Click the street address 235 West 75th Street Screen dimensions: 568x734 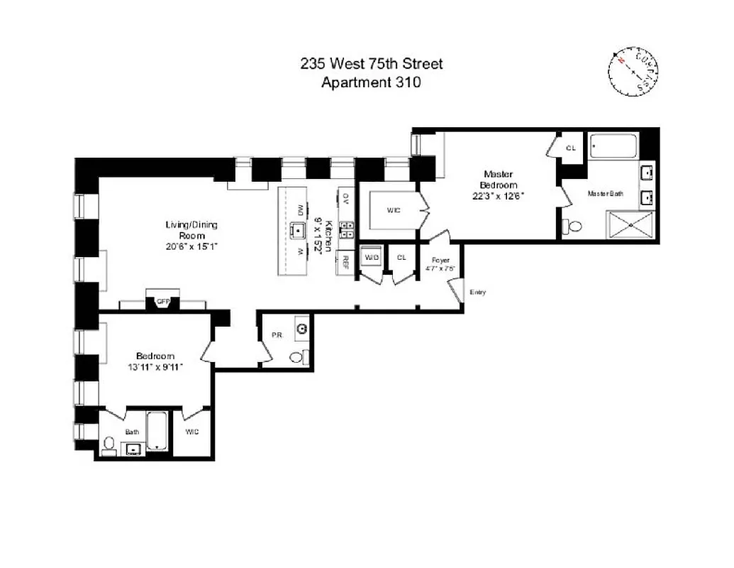point(372,64)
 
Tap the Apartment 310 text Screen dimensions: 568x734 point(372,82)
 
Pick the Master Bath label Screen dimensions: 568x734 point(606,193)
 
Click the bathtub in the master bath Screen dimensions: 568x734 point(614,147)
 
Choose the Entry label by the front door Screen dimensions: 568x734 point(477,293)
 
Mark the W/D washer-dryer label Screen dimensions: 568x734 point(371,257)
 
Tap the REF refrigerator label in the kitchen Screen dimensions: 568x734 point(347,261)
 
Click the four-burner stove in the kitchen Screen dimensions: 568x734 point(347,228)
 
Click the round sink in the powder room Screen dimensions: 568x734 point(303,328)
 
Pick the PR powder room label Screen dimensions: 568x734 point(277,334)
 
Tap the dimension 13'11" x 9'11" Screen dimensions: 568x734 point(155,367)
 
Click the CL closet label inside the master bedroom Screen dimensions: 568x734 point(570,148)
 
